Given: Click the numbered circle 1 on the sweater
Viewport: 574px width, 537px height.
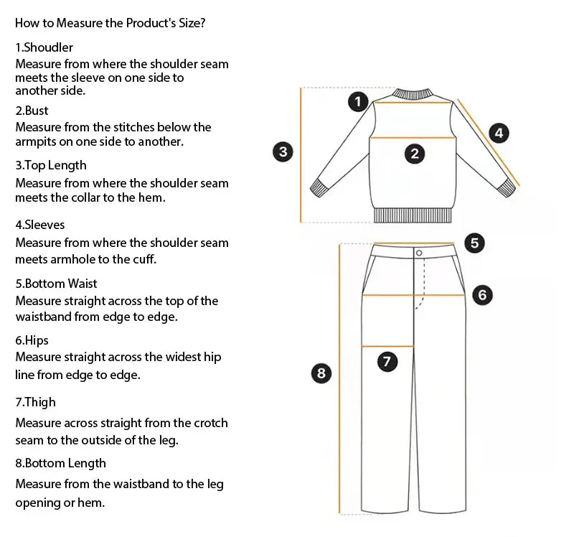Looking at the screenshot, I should point(358,101).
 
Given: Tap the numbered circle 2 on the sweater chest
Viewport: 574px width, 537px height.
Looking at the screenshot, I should point(414,153).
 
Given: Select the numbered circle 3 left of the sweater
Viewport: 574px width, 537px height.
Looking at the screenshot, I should point(283,151).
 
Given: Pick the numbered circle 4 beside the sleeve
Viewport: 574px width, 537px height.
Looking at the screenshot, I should point(499,132).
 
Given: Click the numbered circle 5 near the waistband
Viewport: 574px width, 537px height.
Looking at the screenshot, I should point(474,243).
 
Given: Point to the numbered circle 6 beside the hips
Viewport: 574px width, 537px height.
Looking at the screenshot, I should point(482,294).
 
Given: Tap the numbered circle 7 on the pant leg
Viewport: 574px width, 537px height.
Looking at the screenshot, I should point(387,362).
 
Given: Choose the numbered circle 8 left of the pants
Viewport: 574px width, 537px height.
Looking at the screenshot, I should point(321,373).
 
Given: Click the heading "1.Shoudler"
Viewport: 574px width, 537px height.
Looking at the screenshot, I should point(44,47).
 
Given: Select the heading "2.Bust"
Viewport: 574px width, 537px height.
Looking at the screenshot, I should point(32,111).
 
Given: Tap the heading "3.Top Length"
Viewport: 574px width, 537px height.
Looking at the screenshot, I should point(51,166).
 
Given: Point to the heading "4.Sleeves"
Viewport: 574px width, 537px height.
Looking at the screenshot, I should point(40,225).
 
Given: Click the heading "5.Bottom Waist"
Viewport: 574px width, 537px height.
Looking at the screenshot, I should point(57,284).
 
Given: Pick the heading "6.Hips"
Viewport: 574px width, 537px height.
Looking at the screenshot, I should point(32,340).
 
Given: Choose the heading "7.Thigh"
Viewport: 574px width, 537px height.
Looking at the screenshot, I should point(36,402).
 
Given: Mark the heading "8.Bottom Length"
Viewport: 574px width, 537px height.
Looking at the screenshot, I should point(61,463).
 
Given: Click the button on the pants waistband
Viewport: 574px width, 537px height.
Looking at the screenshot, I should point(418,252).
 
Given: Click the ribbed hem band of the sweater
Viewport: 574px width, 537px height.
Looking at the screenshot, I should point(413,216).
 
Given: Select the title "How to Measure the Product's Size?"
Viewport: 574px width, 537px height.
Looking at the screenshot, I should point(111,23).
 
